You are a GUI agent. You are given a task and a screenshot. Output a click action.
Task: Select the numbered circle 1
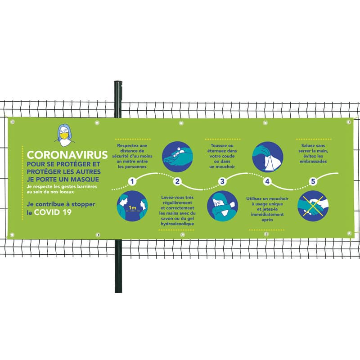pos(132,181)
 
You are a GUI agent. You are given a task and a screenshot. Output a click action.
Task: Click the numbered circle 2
pos(177,182)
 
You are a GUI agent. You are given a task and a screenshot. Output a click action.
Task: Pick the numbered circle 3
pos(222,182)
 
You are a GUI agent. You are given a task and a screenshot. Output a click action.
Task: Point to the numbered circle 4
pos(267,182)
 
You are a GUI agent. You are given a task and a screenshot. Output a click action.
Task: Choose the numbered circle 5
pos(313,182)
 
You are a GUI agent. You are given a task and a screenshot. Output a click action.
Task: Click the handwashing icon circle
pos(177,157)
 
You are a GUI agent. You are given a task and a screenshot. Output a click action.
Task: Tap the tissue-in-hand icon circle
pos(268,157)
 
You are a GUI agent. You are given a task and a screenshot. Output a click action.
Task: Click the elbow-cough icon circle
pos(222,206)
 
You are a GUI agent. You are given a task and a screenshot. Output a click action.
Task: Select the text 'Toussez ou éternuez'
pos(222,148)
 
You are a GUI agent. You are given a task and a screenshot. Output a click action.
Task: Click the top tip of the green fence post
pos(118,82)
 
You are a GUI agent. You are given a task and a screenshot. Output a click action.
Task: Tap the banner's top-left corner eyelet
pos(12,121)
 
